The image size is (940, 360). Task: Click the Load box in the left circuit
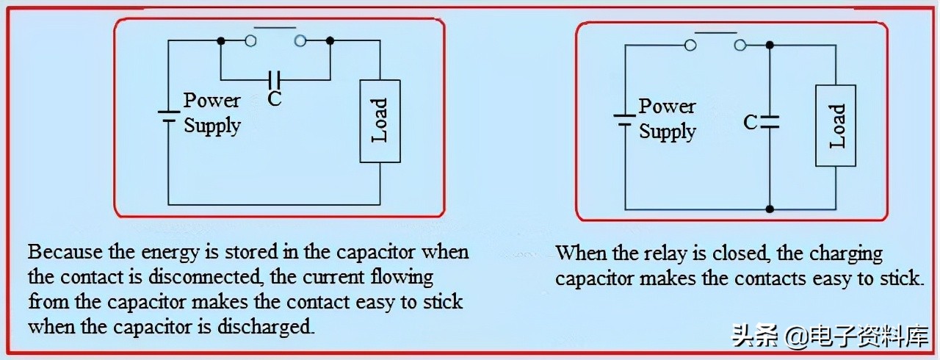click(380, 121)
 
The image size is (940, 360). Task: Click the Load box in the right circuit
click(836, 126)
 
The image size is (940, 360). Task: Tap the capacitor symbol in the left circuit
click(275, 77)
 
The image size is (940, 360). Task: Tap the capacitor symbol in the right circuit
click(769, 122)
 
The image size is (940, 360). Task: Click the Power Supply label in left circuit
click(211, 112)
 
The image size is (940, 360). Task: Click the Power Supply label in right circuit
click(667, 119)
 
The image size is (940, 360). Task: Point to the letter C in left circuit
click(275, 98)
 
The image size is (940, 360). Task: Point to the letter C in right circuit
click(750, 122)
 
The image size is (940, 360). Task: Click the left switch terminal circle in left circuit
click(250, 40)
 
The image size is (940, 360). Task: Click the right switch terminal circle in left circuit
click(300, 40)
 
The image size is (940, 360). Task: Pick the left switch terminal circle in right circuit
click(690, 46)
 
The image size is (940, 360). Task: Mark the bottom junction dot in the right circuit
click(769, 209)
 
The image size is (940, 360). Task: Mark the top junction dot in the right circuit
click(769, 46)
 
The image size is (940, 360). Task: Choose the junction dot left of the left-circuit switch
click(220, 40)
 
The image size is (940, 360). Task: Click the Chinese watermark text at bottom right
click(831, 336)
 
